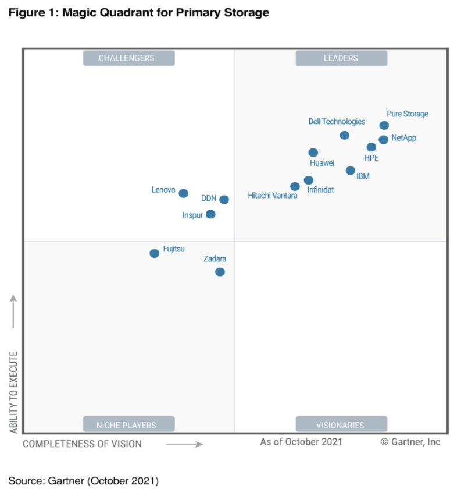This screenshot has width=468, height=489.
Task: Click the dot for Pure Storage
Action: (x=384, y=125)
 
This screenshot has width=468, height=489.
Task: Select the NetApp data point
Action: (x=383, y=140)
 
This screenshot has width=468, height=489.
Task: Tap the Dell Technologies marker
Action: (x=344, y=135)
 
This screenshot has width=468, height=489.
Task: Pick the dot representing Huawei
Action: (x=313, y=153)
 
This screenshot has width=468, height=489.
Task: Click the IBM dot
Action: (x=350, y=171)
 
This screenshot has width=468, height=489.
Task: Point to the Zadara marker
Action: (x=220, y=272)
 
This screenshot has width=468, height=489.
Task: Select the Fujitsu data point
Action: (x=154, y=253)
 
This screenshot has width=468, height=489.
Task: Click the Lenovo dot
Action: (x=183, y=193)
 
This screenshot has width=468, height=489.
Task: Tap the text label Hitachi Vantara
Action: (x=272, y=196)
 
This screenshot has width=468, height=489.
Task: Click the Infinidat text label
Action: (x=320, y=190)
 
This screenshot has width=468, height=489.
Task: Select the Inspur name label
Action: (x=192, y=215)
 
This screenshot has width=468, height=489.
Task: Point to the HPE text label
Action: (x=371, y=158)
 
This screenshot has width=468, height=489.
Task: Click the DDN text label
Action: (x=209, y=199)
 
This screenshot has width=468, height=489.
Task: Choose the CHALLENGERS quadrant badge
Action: (x=128, y=58)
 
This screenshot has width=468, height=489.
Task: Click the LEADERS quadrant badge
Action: (x=341, y=58)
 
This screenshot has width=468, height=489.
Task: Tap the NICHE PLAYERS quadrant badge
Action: (x=128, y=424)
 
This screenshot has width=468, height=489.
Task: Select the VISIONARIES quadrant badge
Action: (x=341, y=424)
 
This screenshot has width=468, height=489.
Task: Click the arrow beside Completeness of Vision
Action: (x=184, y=444)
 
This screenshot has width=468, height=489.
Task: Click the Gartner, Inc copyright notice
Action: (x=410, y=442)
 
